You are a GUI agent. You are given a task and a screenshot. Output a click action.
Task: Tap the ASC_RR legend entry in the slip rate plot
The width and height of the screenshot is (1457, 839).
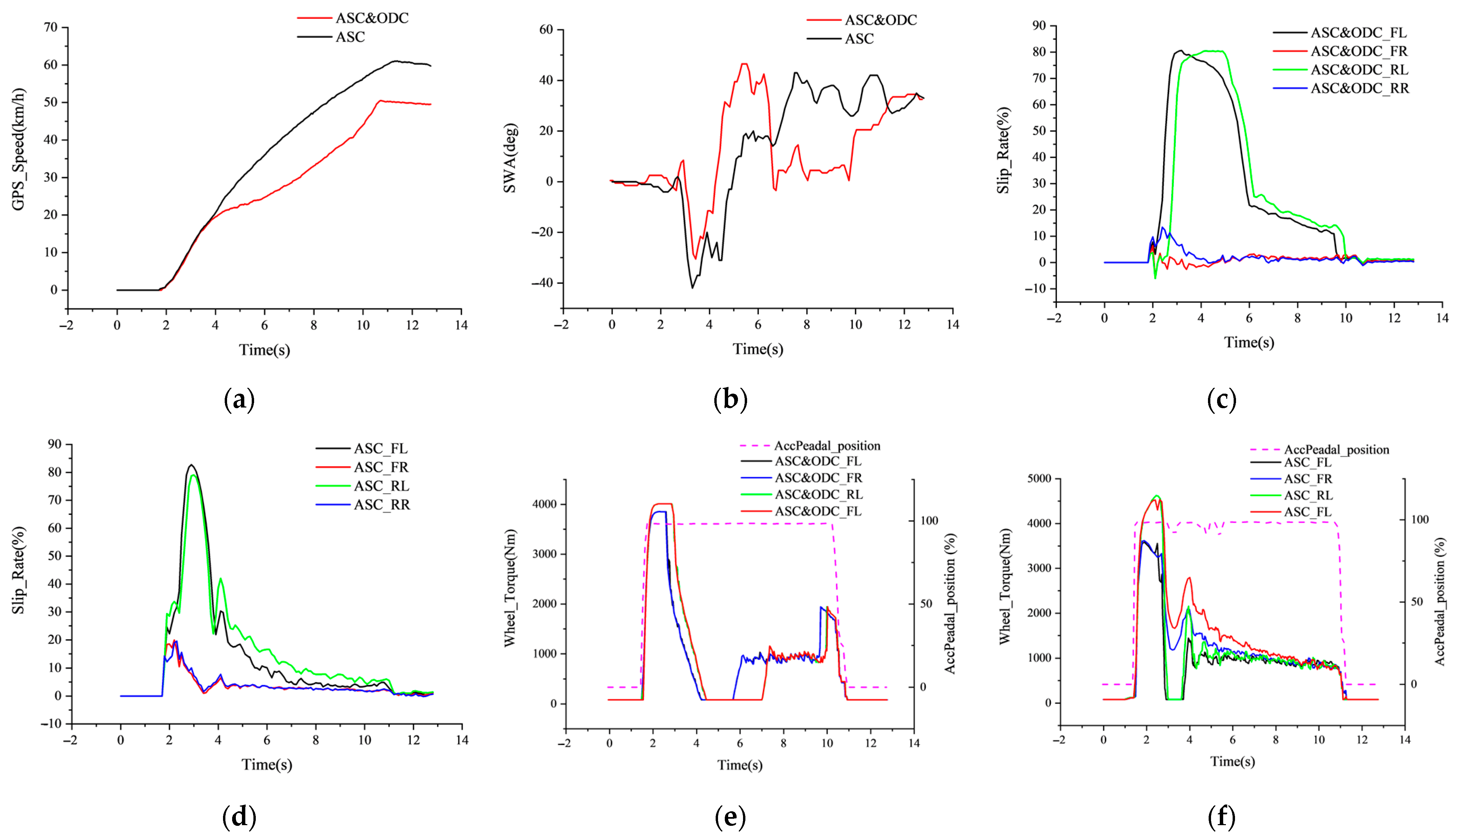click(x=381, y=505)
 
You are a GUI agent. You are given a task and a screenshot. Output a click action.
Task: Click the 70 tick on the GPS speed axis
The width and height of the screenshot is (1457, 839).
click(x=51, y=27)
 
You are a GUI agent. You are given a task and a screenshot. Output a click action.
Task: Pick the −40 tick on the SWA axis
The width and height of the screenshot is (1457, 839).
click(x=542, y=283)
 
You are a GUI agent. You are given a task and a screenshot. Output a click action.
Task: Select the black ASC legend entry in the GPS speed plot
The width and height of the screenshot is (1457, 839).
click(x=350, y=37)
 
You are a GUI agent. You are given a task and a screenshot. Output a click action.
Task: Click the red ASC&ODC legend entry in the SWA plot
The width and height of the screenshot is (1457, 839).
click(x=880, y=20)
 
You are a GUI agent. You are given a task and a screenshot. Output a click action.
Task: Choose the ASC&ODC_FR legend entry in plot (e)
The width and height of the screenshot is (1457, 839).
click(x=818, y=478)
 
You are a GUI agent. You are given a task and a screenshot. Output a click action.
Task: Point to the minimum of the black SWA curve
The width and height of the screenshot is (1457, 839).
click(x=692, y=288)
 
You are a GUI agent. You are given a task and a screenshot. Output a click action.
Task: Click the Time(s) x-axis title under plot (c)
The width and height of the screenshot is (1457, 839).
click(x=1249, y=342)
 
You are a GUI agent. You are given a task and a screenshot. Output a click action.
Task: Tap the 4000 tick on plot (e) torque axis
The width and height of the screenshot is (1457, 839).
click(x=544, y=504)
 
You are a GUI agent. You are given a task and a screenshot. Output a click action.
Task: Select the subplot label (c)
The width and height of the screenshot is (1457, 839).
click(x=1221, y=399)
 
